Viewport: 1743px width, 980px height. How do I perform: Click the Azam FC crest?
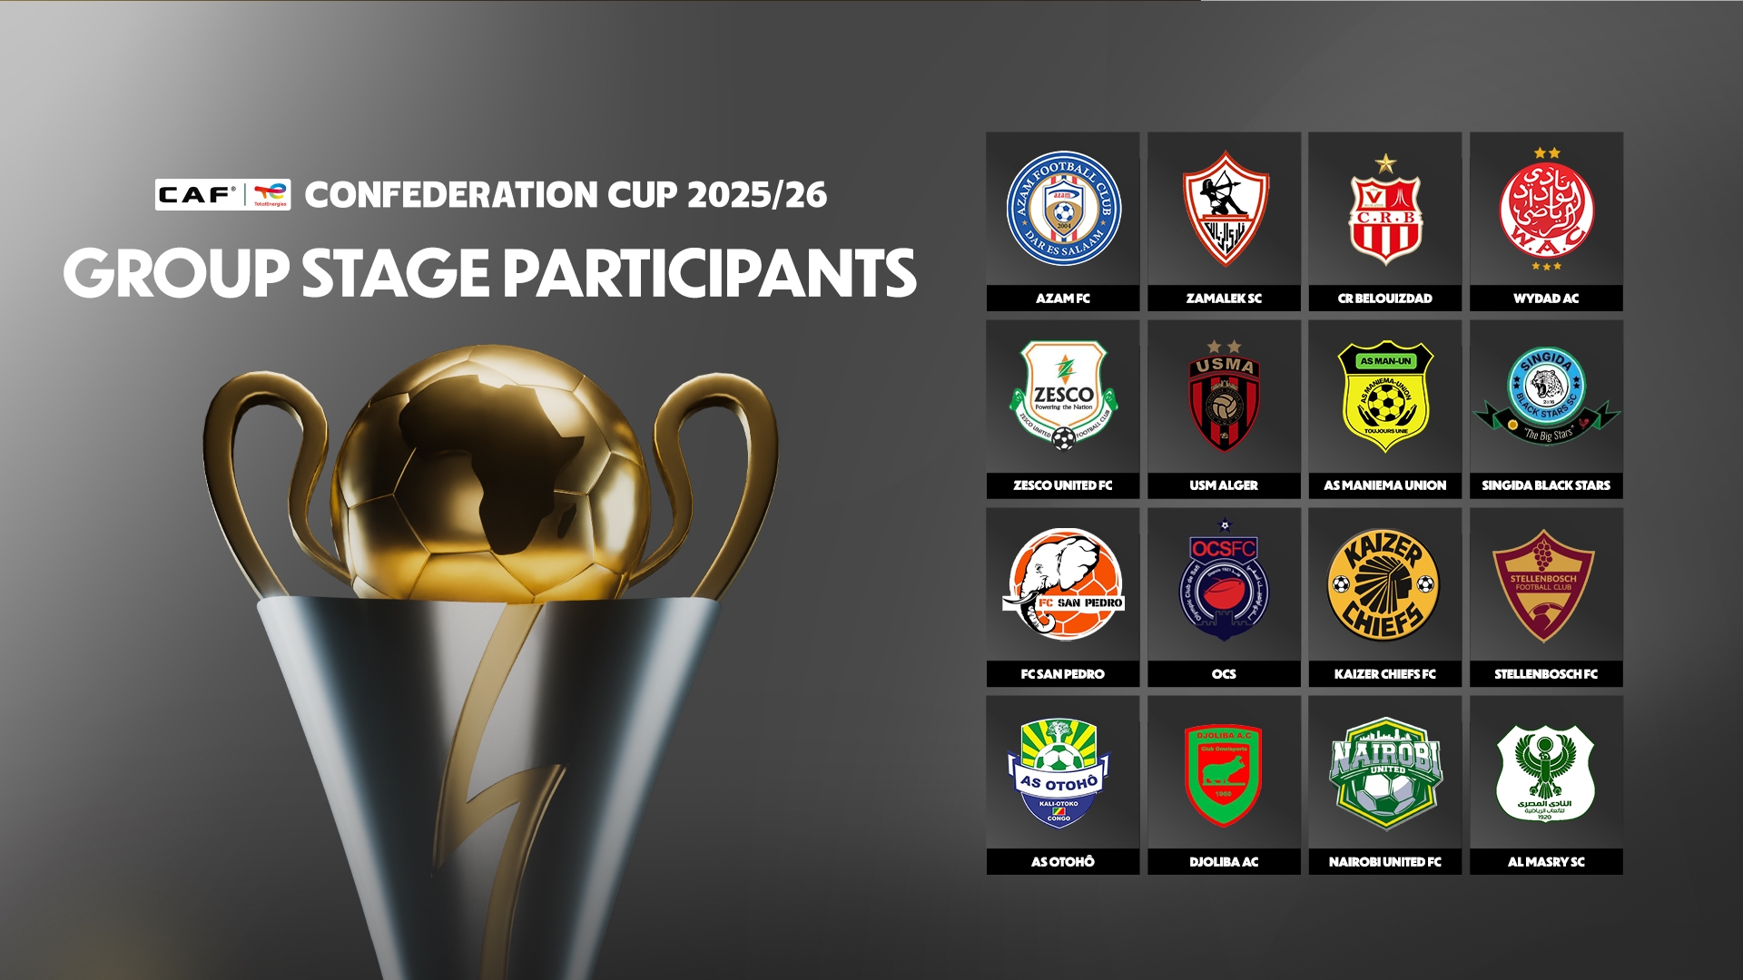(x=1063, y=209)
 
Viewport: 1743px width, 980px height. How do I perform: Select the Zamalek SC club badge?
(x=1225, y=210)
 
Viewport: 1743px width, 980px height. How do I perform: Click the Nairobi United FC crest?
(x=1385, y=773)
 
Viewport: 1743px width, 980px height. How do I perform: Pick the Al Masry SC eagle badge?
(x=1546, y=773)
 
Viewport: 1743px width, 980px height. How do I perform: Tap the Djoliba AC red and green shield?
(x=1224, y=775)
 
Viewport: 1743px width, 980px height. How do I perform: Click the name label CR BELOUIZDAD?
(x=1384, y=299)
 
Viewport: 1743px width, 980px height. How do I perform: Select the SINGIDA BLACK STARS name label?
(x=1546, y=485)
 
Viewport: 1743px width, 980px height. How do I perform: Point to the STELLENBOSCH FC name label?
(x=1546, y=674)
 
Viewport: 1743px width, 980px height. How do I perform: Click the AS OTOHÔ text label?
(x=1063, y=862)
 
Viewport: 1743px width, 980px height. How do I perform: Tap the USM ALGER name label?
(x=1224, y=485)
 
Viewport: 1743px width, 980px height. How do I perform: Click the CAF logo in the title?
(x=197, y=194)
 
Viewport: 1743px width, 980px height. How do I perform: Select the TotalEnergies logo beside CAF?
(x=270, y=194)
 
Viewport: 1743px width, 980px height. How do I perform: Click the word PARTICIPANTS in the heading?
(x=709, y=274)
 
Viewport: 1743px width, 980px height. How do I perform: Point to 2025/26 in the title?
(x=757, y=194)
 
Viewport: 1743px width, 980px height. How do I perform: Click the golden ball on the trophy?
(x=491, y=472)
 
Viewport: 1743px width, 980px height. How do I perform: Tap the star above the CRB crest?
(x=1385, y=164)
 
